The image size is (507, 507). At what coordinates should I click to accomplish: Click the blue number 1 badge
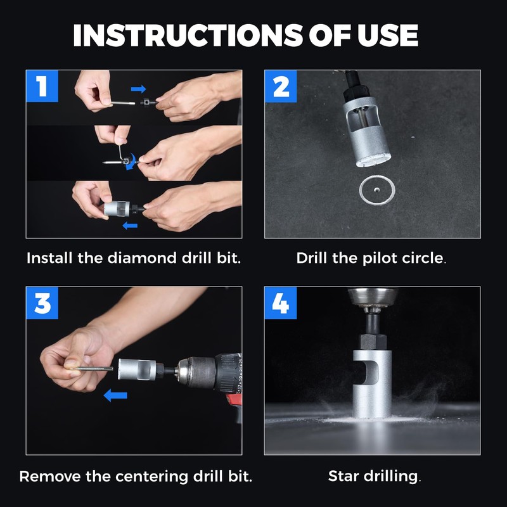coord(42,86)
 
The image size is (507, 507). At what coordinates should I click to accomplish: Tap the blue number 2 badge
coord(281,86)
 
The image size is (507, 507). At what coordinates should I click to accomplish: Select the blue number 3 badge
coord(42,303)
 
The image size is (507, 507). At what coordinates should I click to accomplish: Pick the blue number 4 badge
coord(280,303)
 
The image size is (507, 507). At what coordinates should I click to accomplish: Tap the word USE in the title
coord(388,35)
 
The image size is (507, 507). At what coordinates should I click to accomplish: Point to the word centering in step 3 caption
coord(152,477)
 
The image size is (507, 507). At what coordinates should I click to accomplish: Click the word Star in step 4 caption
coord(343,477)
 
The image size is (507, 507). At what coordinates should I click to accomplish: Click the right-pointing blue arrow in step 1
coord(138,89)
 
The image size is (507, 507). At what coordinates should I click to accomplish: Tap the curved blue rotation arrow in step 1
coord(131,162)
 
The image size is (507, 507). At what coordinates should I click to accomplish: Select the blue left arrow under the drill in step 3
coord(115,395)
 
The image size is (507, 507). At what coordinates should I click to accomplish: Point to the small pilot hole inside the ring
coord(376,189)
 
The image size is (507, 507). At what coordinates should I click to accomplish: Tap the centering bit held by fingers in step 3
coord(94,368)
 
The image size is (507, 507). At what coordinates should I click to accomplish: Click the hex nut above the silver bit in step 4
coord(373,342)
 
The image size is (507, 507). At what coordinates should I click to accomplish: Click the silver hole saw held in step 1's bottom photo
coord(117,209)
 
